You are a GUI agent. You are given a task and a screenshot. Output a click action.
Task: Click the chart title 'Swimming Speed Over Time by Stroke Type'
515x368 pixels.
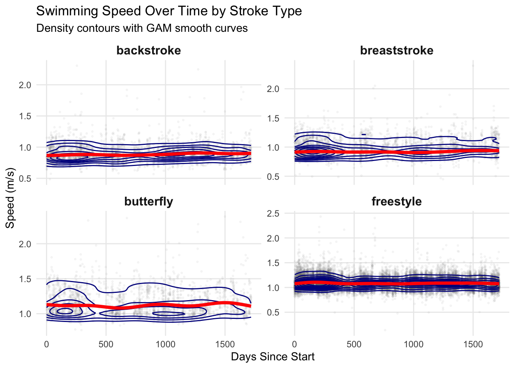pos(169,11)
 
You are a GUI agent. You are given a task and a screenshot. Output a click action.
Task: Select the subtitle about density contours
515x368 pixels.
pos(142,28)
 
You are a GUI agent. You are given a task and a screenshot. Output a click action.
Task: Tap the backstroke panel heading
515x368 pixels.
pos(149,51)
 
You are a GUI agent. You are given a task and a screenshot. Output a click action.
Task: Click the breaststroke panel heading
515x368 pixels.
pos(397,51)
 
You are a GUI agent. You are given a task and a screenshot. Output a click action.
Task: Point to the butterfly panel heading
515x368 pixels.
pos(149,202)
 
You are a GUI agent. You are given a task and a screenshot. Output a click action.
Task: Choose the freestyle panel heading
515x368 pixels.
pos(397,202)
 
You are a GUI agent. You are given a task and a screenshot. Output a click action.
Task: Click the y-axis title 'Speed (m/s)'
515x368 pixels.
pos(10,198)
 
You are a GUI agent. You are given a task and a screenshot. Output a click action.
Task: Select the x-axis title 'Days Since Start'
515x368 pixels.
pos(272,357)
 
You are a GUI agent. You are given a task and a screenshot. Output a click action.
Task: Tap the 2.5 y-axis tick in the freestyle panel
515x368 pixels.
pos(273,213)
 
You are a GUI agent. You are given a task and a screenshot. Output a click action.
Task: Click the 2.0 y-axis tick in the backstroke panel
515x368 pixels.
pos(25,85)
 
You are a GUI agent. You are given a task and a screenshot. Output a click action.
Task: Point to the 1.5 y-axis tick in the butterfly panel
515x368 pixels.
pos(25,279)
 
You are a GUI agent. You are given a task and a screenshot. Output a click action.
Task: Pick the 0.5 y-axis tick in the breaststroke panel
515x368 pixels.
pos(273,177)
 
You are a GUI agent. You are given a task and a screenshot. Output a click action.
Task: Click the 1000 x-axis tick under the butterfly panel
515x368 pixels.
pos(165,344)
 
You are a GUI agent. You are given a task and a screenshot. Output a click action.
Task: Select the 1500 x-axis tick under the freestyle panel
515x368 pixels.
pos(473,344)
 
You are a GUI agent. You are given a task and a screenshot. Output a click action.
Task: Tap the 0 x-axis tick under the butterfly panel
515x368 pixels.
pos(47,344)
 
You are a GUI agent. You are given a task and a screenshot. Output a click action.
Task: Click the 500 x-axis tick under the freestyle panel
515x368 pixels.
pos(354,344)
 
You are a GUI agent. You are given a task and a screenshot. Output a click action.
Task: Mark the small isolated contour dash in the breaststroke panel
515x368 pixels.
pos(364,134)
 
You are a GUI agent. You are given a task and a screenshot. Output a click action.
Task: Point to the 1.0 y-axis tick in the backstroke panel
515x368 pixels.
pos(25,147)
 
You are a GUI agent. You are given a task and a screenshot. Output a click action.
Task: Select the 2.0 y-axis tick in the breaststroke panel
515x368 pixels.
pos(273,89)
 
